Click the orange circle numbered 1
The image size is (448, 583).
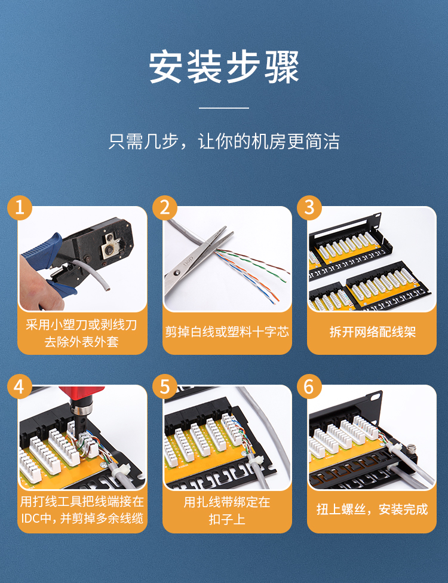(20, 207)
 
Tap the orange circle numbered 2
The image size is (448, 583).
(165, 207)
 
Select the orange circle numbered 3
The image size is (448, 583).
(309, 207)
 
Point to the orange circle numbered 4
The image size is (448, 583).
(20, 386)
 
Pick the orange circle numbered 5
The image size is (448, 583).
(165, 386)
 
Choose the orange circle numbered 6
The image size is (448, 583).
(309, 386)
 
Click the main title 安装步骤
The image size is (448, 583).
(224, 67)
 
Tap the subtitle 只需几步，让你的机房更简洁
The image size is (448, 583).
(224, 142)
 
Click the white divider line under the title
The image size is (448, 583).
(224, 108)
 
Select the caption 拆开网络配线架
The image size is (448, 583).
(372, 332)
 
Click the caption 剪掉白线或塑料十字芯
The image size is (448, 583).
(227, 332)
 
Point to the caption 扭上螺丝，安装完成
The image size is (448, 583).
(372, 509)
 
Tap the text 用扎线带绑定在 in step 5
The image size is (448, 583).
(227, 502)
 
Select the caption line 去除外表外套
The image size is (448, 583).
(82, 341)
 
